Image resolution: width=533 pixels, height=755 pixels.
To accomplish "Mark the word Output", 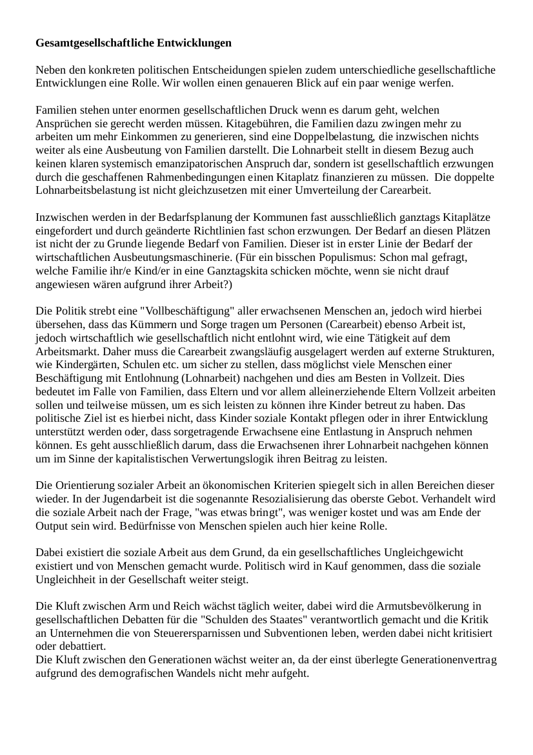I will [52, 527].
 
